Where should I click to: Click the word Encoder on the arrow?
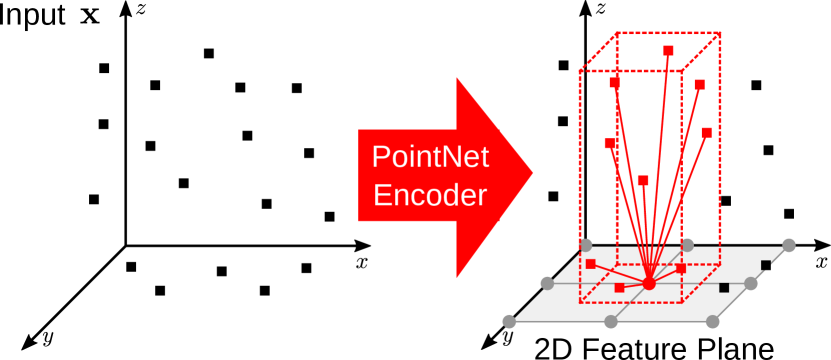point(430,194)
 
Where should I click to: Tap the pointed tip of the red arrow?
point(532,172)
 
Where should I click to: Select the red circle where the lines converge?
point(649,284)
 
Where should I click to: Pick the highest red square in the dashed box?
point(668,50)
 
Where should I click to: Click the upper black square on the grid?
point(766,265)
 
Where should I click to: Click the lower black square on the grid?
point(724,288)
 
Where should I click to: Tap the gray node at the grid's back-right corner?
point(789,245)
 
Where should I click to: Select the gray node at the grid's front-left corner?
point(509,321)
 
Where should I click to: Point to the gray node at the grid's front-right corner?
point(712,321)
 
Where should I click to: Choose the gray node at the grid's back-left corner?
point(586,245)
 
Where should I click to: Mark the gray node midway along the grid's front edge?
point(611,321)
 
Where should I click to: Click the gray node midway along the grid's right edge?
point(751,283)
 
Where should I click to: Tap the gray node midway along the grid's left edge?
point(547,283)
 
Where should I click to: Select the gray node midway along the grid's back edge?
point(688,245)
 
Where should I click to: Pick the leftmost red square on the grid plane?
point(591,264)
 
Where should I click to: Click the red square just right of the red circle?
point(681,268)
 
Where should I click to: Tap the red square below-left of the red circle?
point(619,288)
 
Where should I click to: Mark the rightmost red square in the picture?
point(706,132)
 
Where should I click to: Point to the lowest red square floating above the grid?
point(643,181)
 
